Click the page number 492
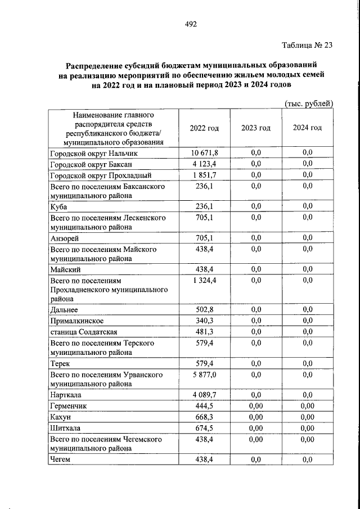point(190,24)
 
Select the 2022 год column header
point(204,128)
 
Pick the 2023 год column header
point(256,128)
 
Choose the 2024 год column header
point(307,128)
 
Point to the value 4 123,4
point(204,164)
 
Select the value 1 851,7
point(204,174)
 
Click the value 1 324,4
point(204,280)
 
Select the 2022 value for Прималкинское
point(204,321)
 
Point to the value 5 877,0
point(204,374)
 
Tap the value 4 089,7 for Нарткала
point(204,395)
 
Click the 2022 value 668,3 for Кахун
point(204,417)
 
